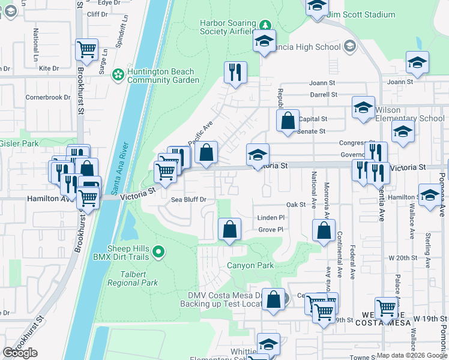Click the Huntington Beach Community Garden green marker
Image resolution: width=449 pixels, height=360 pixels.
[118, 74]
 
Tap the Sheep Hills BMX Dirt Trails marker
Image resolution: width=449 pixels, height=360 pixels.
[158, 252]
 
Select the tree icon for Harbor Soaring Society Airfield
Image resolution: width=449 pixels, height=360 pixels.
[265, 25]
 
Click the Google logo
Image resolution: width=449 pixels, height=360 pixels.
[20, 353]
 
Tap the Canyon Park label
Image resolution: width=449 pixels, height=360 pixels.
[250, 265]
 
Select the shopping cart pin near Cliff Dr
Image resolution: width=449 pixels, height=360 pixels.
[86, 50]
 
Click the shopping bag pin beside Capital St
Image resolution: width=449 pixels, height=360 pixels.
[288, 120]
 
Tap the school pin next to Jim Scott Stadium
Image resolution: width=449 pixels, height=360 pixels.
[316, 7]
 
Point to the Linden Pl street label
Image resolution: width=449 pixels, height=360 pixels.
[270, 218]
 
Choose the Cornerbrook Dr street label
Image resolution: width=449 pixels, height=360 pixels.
[47, 97]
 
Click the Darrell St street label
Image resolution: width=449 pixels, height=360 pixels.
[324, 95]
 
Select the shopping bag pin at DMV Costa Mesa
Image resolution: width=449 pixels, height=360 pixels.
[274, 301]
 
